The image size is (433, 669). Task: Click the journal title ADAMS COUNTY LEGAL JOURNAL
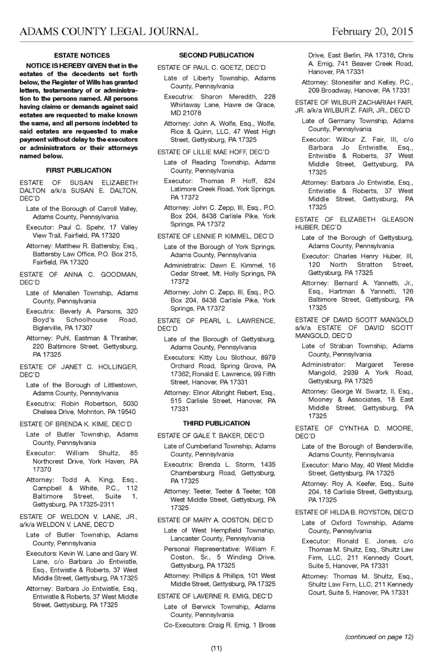[x=109, y=32]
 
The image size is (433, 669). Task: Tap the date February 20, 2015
[x=372, y=32]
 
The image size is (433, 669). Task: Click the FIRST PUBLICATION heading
[x=79, y=170]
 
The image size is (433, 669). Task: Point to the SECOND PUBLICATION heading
[x=216, y=55]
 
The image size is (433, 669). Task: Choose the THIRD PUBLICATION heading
[x=216, y=423]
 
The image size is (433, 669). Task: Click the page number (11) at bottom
[x=216, y=648]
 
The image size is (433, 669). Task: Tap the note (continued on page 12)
[x=379, y=636]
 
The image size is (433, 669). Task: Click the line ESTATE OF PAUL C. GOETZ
[x=211, y=68]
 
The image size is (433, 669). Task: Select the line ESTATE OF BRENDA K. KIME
[x=76, y=424]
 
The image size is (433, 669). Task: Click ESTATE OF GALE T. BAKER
[x=211, y=435]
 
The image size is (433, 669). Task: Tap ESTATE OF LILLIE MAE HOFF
[x=213, y=152]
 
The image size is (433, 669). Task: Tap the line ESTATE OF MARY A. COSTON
[x=215, y=520]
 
